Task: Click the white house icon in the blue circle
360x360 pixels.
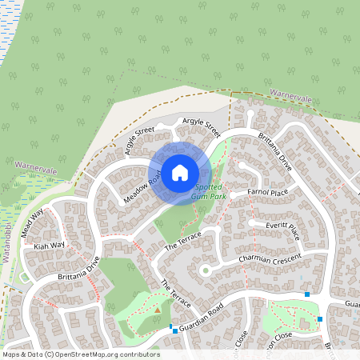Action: (x=179, y=172)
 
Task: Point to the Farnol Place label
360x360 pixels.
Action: (x=268, y=193)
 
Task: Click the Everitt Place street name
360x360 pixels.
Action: (x=282, y=230)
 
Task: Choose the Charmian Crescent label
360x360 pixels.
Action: (x=270, y=260)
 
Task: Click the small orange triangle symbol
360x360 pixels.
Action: (x=158, y=310)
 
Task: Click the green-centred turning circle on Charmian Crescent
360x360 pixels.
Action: (x=205, y=270)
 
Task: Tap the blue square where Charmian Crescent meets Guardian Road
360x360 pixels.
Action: (x=307, y=294)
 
